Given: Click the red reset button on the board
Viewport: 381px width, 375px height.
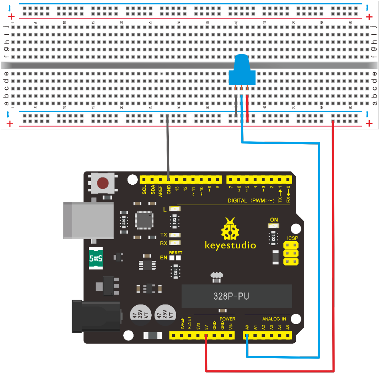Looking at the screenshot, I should (103, 183).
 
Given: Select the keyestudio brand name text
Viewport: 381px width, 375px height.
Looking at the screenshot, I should (230, 244).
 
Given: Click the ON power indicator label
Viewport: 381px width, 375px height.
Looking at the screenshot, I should (274, 220).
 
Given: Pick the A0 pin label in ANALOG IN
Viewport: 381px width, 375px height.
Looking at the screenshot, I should (247, 327).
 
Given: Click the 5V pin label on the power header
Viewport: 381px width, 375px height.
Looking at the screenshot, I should (206, 327).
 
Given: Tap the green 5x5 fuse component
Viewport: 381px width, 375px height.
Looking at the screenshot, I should (96, 258).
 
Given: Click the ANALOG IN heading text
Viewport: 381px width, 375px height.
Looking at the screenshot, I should (274, 319).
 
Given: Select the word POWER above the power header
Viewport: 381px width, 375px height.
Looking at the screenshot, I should (227, 319).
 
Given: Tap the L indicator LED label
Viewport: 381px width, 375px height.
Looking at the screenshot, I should (165, 209).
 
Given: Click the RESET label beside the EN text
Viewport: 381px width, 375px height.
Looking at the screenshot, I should (176, 253).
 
